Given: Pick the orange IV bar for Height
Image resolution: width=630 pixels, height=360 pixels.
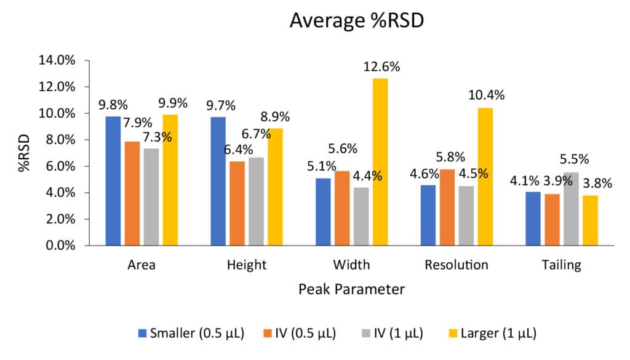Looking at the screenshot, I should tap(237, 203).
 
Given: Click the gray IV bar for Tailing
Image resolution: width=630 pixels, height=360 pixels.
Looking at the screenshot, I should tap(571, 209).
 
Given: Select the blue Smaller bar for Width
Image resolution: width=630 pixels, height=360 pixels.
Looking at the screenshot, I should tap(323, 212).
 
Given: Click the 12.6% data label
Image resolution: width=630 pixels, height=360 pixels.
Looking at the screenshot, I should tap(381, 67).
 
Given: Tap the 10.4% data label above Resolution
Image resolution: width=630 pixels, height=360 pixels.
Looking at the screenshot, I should tap(486, 95).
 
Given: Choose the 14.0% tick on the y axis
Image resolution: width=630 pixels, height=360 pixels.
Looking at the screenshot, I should tap(57, 61).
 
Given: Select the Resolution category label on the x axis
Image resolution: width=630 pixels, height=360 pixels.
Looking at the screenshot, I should tap(457, 266).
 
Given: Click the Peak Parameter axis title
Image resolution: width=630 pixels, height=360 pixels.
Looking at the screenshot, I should tap(351, 289).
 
